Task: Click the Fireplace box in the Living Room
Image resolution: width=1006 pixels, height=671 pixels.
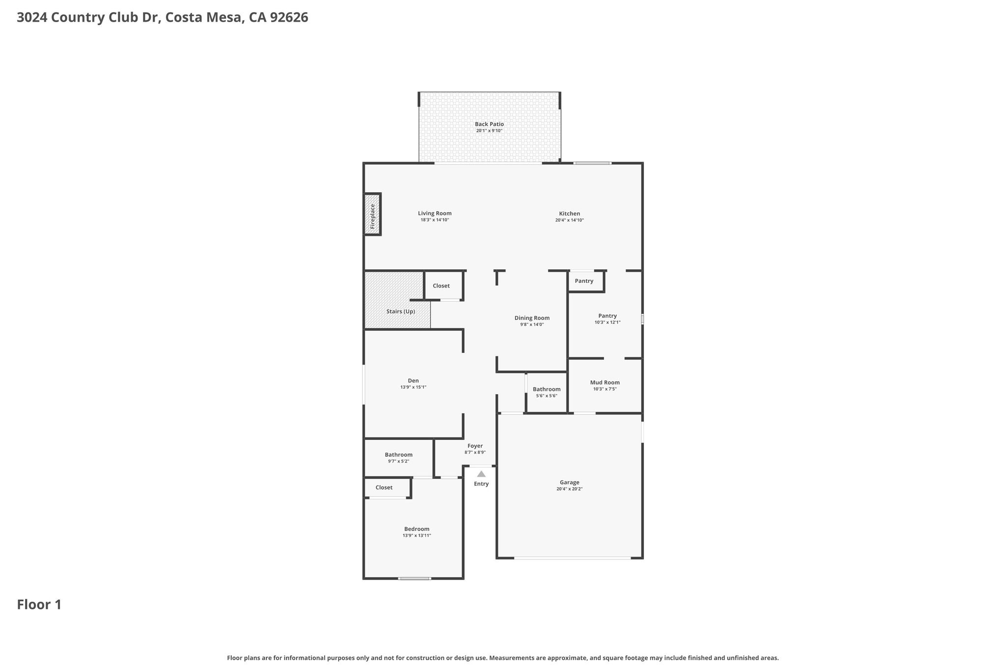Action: click(x=372, y=214)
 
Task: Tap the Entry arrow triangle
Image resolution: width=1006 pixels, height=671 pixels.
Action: click(x=481, y=474)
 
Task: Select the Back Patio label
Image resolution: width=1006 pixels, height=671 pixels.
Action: click(x=489, y=124)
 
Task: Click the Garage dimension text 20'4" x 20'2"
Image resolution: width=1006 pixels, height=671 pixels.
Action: click(x=569, y=489)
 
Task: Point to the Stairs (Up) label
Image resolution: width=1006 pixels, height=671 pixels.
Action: click(x=401, y=312)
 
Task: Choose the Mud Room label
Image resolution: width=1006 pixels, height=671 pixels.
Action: click(x=605, y=382)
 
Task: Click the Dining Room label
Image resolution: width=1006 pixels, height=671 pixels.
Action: click(x=532, y=318)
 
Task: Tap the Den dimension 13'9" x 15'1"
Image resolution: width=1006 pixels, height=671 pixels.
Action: click(x=413, y=387)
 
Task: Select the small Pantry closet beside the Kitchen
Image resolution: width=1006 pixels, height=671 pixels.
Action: click(x=586, y=281)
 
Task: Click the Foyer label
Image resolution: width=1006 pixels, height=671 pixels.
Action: click(x=475, y=446)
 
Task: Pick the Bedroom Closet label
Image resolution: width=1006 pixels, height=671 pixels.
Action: click(x=384, y=488)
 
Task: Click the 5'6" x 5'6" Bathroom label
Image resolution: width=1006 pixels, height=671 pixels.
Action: click(x=547, y=389)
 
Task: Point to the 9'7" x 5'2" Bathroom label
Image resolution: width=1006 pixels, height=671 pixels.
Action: click(x=398, y=455)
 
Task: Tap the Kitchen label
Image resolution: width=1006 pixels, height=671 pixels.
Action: click(x=569, y=214)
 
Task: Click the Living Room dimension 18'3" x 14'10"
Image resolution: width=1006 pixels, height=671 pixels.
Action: click(x=435, y=220)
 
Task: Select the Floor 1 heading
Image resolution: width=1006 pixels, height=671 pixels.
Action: click(x=39, y=605)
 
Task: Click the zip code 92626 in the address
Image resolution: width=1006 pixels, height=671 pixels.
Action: click(x=289, y=18)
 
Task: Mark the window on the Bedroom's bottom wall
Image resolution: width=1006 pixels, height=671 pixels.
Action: click(x=415, y=579)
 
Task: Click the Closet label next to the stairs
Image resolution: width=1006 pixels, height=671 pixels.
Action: click(x=441, y=286)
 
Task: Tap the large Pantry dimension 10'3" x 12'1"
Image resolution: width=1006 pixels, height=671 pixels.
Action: click(x=608, y=322)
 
